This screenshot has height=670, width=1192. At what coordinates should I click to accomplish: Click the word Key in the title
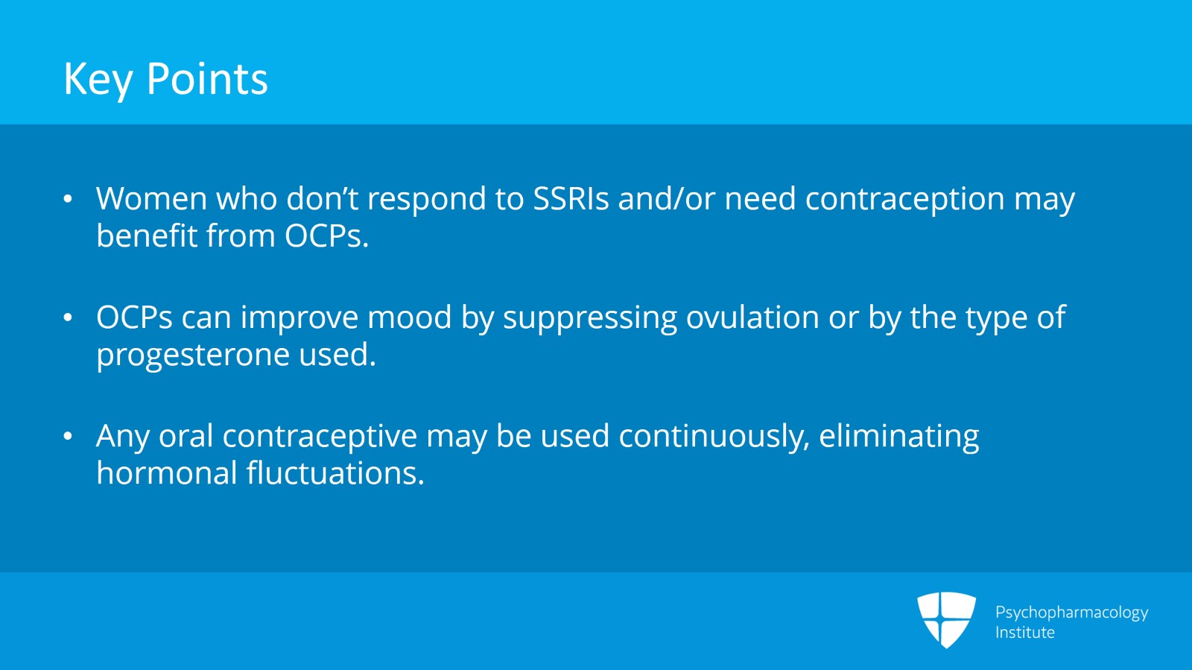pyautogui.click(x=98, y=79)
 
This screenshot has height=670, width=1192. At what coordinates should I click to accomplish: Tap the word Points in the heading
pyautogui.click(x=207, y=79)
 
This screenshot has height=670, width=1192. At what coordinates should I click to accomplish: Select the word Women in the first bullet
pyautogui.click(x=151, y=199)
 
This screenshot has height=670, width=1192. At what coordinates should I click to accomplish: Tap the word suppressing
pyautogui.click(x=589, y=318)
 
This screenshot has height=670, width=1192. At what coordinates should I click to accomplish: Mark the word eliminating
pyautogui.click(x=898, y=437)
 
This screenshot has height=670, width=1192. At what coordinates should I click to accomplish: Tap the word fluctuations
pyautogui.click(x=335, y=473)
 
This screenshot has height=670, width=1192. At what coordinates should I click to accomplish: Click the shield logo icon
pyautogui.click(x=946, y=619)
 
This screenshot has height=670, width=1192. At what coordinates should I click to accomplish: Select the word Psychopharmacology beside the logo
pyautogui.click(x=1071, y=613)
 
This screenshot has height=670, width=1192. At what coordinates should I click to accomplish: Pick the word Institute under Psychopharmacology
pyautogui.click(x=1024, y=633)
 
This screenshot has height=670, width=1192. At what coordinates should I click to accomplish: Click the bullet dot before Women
pyautogui.click(x=68, y=199)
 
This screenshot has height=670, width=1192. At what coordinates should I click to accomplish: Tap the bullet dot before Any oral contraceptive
pyautogui.click(x=68, y=437)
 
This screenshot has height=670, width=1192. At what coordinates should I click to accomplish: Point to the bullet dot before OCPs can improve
pyautogui.click(x=68, y=318)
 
